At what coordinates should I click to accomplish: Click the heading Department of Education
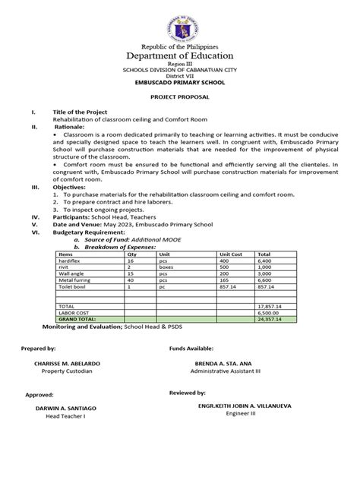(x=180, y=56)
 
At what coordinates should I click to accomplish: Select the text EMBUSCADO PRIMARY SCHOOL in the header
(x=180, y=85)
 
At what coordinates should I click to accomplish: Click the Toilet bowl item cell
(x=73, y=287)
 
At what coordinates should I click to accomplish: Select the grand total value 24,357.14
(x=272, y=321)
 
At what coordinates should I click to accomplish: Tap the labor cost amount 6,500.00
(x=270, y=314)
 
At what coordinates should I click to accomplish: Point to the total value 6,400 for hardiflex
(x=267, y=260)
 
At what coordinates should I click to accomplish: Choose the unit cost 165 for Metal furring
(x=224, y=280)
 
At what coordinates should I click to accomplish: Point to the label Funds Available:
(x=190, y=347)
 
